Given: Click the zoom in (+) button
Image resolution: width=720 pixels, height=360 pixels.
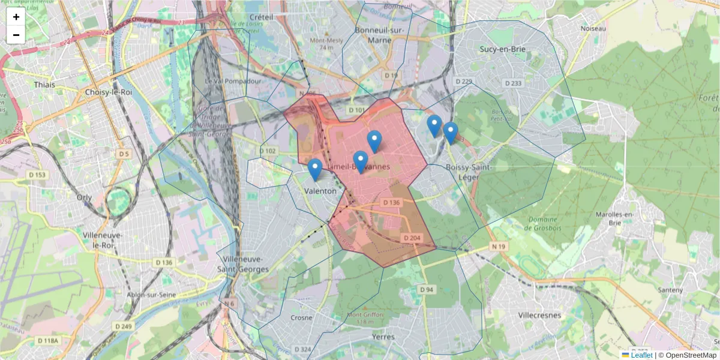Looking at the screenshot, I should (16, 17).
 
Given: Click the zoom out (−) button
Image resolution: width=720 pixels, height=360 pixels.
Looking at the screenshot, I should (16, 35).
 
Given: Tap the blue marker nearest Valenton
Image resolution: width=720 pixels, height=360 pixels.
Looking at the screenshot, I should (315, 170).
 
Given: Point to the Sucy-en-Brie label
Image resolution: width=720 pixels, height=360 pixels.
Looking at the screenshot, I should (502, 49).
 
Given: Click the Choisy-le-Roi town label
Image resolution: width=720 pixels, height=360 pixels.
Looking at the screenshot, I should (109, 92).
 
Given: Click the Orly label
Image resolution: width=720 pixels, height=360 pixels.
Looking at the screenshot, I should (84, 196).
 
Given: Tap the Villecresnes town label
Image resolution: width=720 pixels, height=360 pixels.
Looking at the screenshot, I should (539, 314).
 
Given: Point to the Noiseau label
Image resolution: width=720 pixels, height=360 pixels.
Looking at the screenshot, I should (593, 28).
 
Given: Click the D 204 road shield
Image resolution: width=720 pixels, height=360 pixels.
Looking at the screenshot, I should (412, 238).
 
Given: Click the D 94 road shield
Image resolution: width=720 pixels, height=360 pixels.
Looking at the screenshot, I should (425, 290).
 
